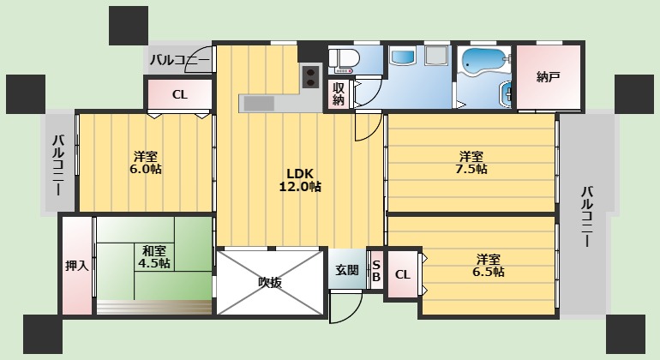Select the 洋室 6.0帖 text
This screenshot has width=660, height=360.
pyautogui.click(x=145, y=162)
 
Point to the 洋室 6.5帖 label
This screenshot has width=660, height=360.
pyautogui.click(x=489, y=265)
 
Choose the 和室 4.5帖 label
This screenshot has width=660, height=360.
pyautogui.click(x=154, y=256)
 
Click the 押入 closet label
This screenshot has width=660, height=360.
pyautogui.click(x=77, y=266)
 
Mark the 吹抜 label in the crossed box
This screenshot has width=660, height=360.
pyautogui.click(x=270, y=282)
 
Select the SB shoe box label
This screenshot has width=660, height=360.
pyautogui.click(x=375, y=271)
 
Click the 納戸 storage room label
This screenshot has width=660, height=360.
pyautogui.click(x=548, y=77)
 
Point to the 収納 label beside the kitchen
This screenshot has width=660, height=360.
pyautogui.click(x=339, y=93)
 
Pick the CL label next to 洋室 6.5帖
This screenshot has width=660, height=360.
pyautogui.click(x=403, y=275)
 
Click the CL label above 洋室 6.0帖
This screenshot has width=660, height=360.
pyautogui.click(x=179, y=94)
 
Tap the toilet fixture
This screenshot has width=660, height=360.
pyautogui.click(x=342, y=59)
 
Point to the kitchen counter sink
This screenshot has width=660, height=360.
pyautogui.click(x=257, y=103)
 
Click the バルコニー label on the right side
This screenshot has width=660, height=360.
pyautogui.click(x=587, y=216)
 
